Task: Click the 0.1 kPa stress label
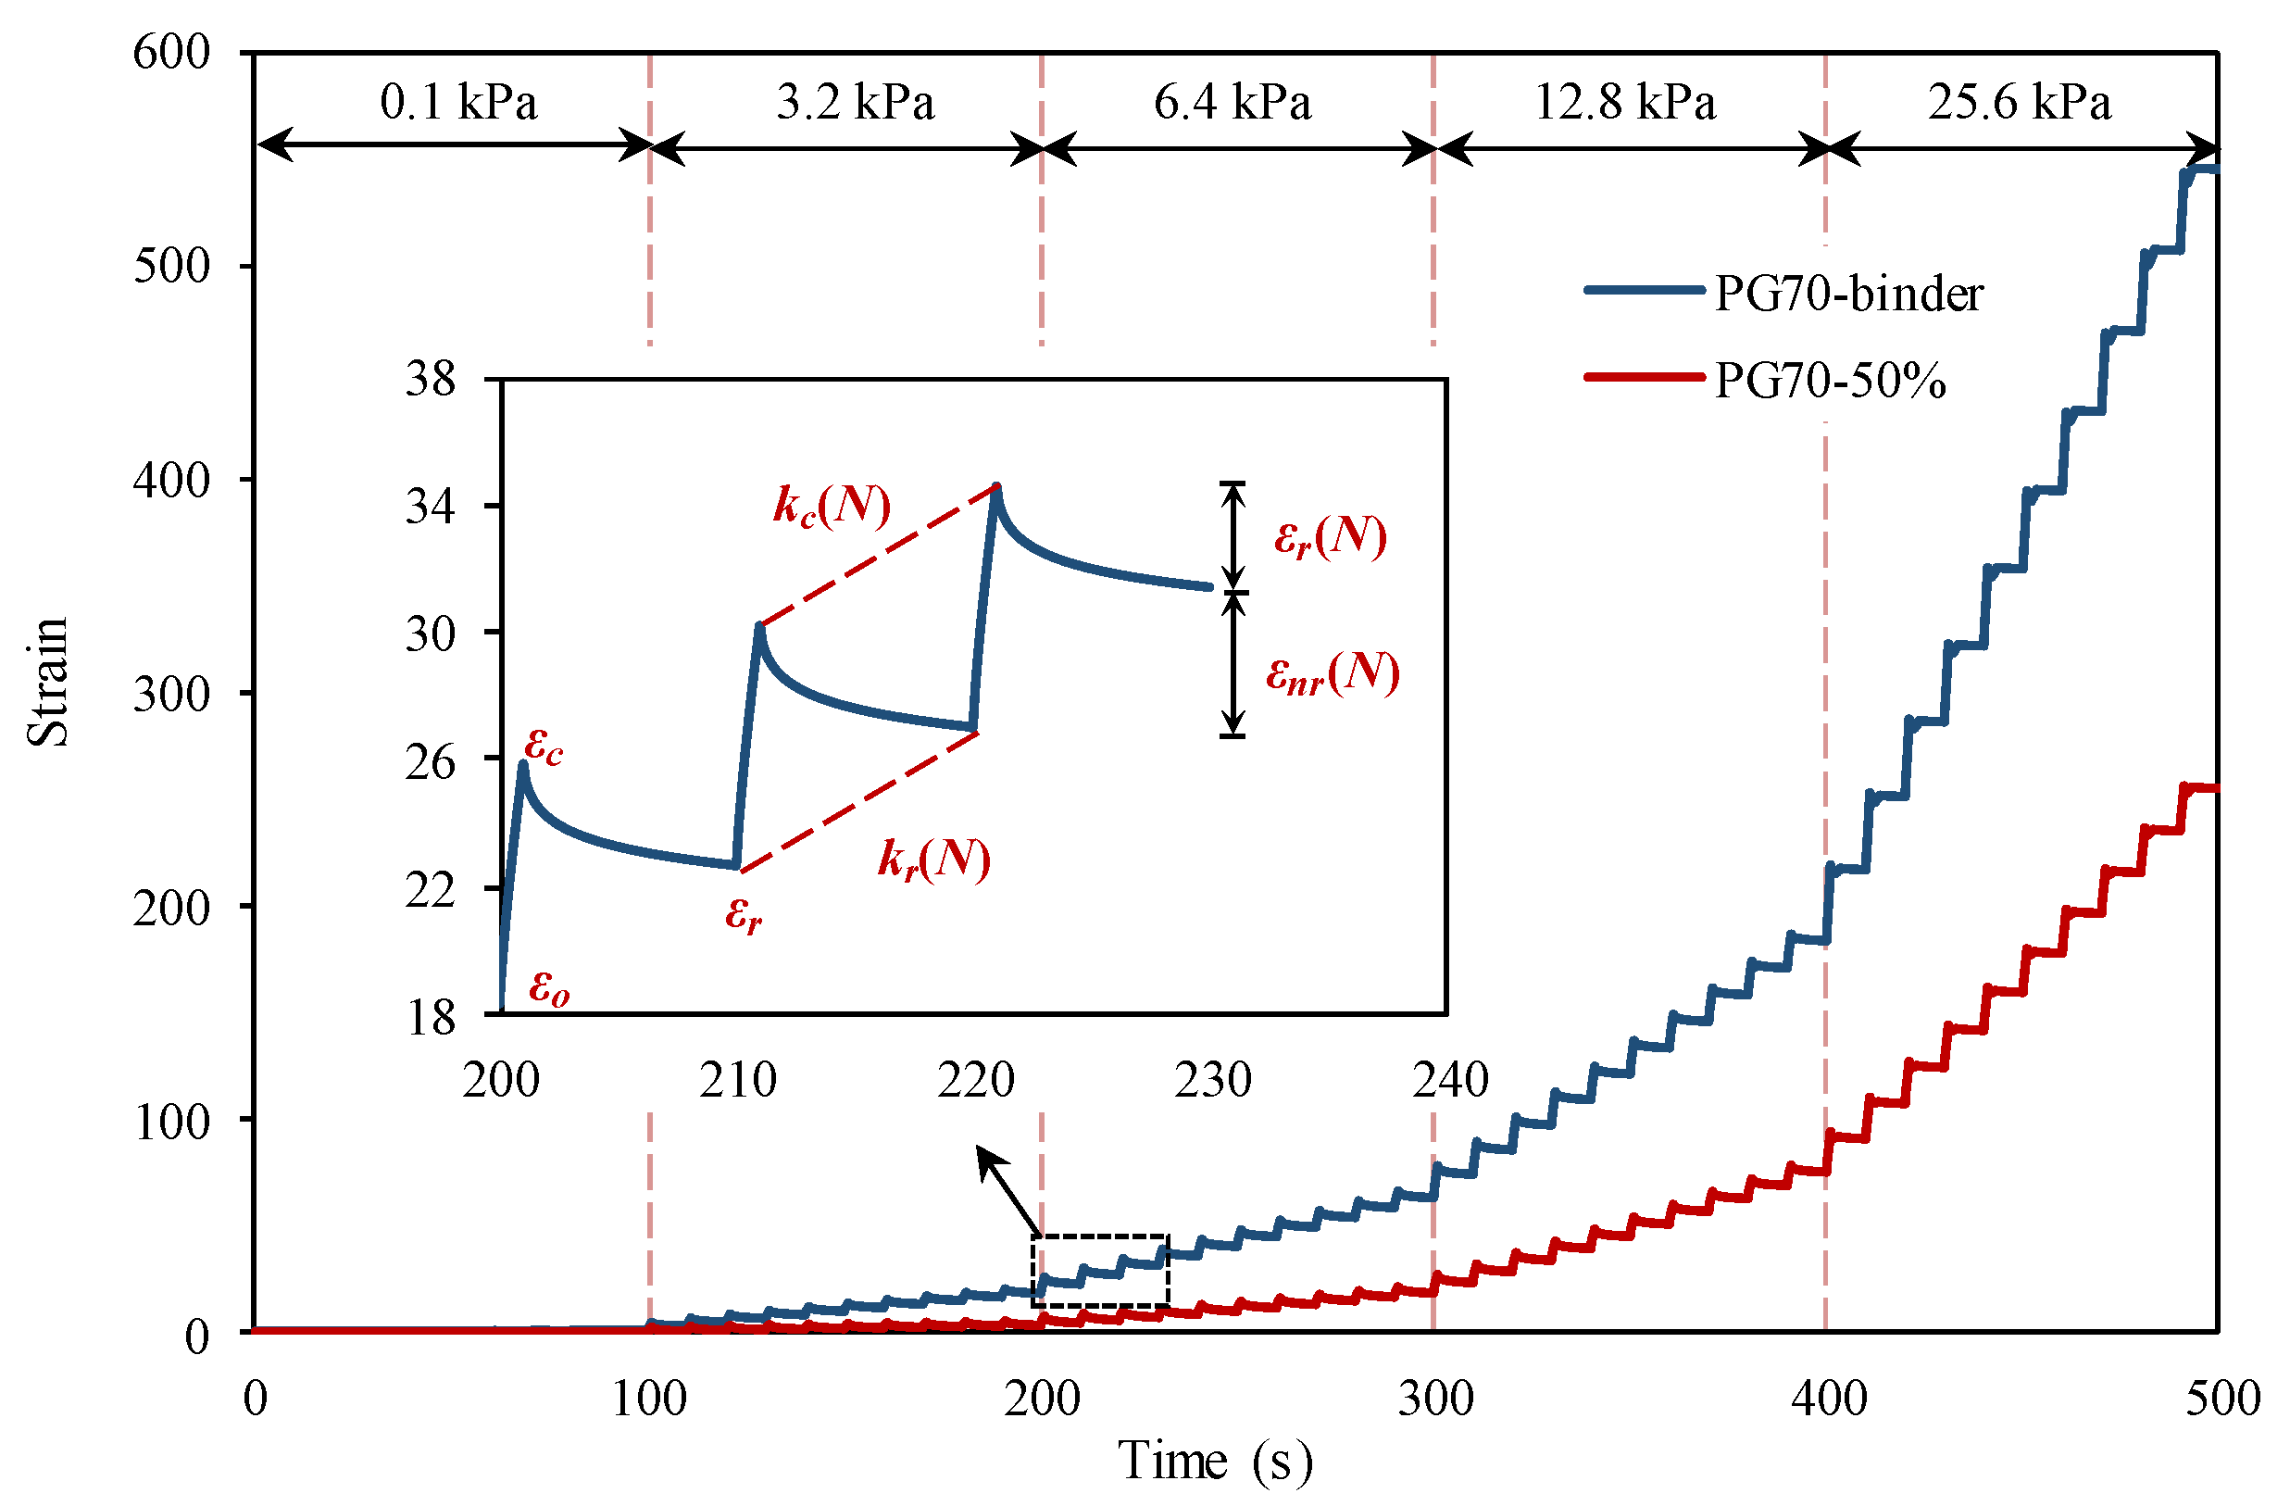point(458,102)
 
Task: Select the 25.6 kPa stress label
point(2019,102)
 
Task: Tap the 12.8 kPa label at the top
point(1624,102)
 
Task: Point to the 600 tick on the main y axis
point(171,52)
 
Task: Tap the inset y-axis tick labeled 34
point(429,507)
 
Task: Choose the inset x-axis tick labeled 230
point(1212,1080)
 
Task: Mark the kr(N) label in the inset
point(933,859)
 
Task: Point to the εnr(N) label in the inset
point(1332,672)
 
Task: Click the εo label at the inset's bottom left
point(548,987)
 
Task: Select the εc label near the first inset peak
point(544,747)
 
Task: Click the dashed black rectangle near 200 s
point(1100,1270)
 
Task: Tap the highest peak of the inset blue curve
point(996,487)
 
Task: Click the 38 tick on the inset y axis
point(429,380)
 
